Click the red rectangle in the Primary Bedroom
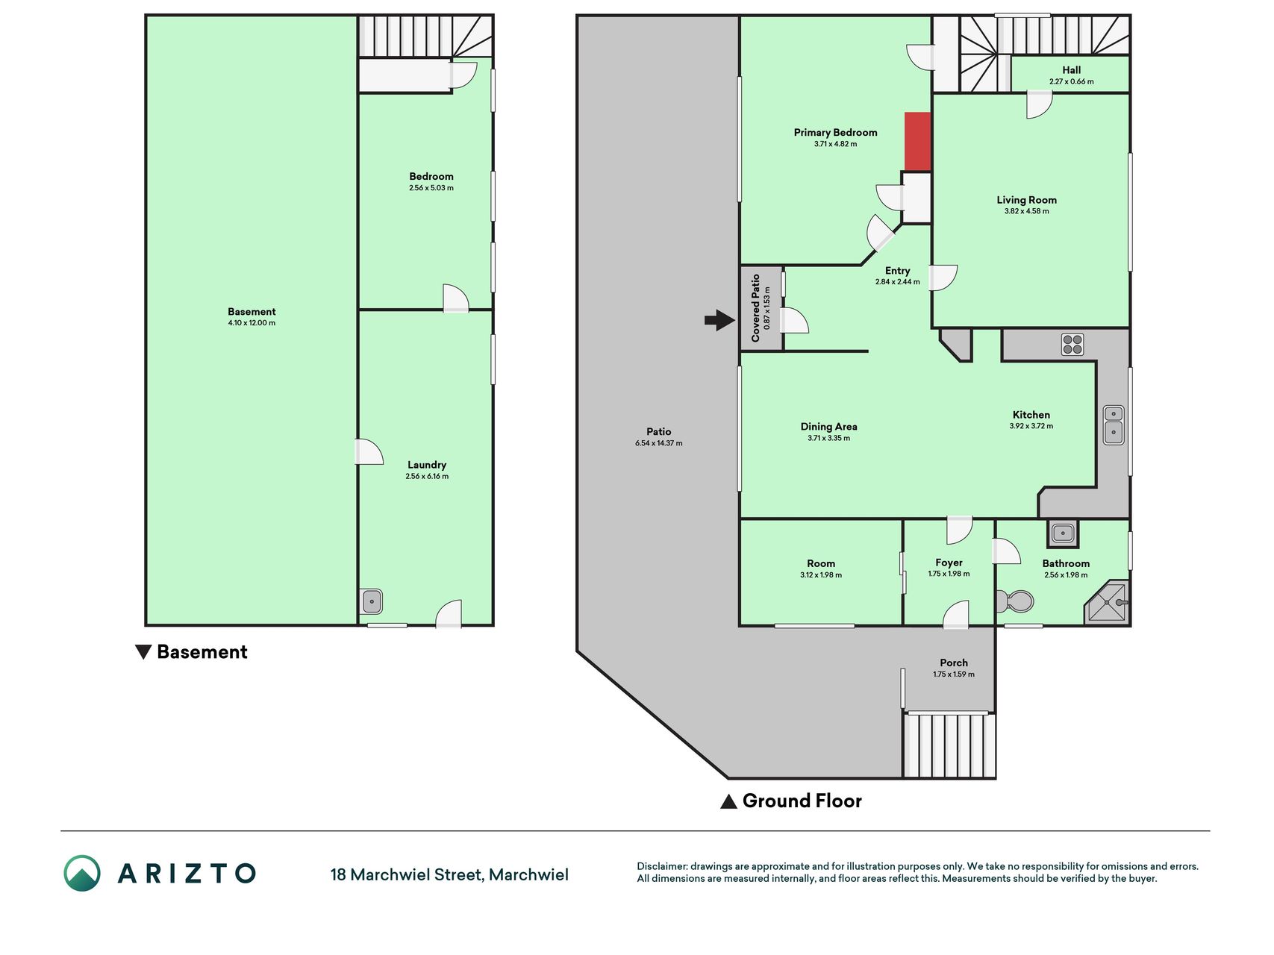[918, 142]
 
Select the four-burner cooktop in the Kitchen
[1072, 344]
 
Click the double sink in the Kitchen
[1114, 425]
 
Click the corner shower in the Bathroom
[1108, 602]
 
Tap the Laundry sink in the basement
[371, 601]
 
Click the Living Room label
[1026, 200]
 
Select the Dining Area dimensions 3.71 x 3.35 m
[828, 438]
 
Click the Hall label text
[1071, 70]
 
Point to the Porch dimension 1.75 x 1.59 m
[953, 674]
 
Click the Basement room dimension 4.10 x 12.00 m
[252, 323]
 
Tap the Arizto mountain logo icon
[82, 873]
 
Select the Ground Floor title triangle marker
[728, 801]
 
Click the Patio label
[658, 431]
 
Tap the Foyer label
[949, 563]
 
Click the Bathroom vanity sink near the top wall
[1062, 533]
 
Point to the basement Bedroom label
[431, 177]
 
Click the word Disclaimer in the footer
[661, 866]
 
